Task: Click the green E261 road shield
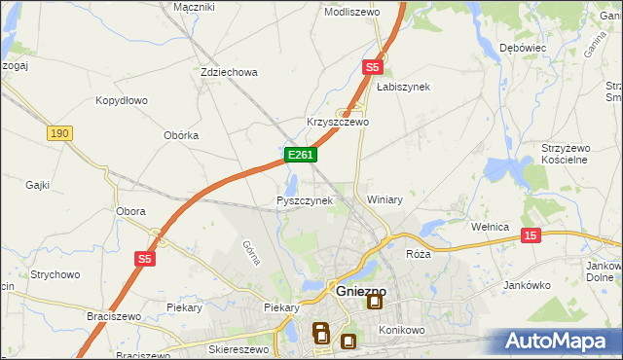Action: click(299, 155)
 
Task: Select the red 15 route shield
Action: click(530, 235)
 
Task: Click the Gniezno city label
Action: click(361, 290)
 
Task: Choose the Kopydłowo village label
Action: click(121, 100)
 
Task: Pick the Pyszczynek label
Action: click(305, 200)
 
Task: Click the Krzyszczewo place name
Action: click(338, 123)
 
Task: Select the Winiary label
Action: click(385, 199)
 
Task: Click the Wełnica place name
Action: click(491, 227)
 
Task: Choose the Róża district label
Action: click(418, 253)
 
